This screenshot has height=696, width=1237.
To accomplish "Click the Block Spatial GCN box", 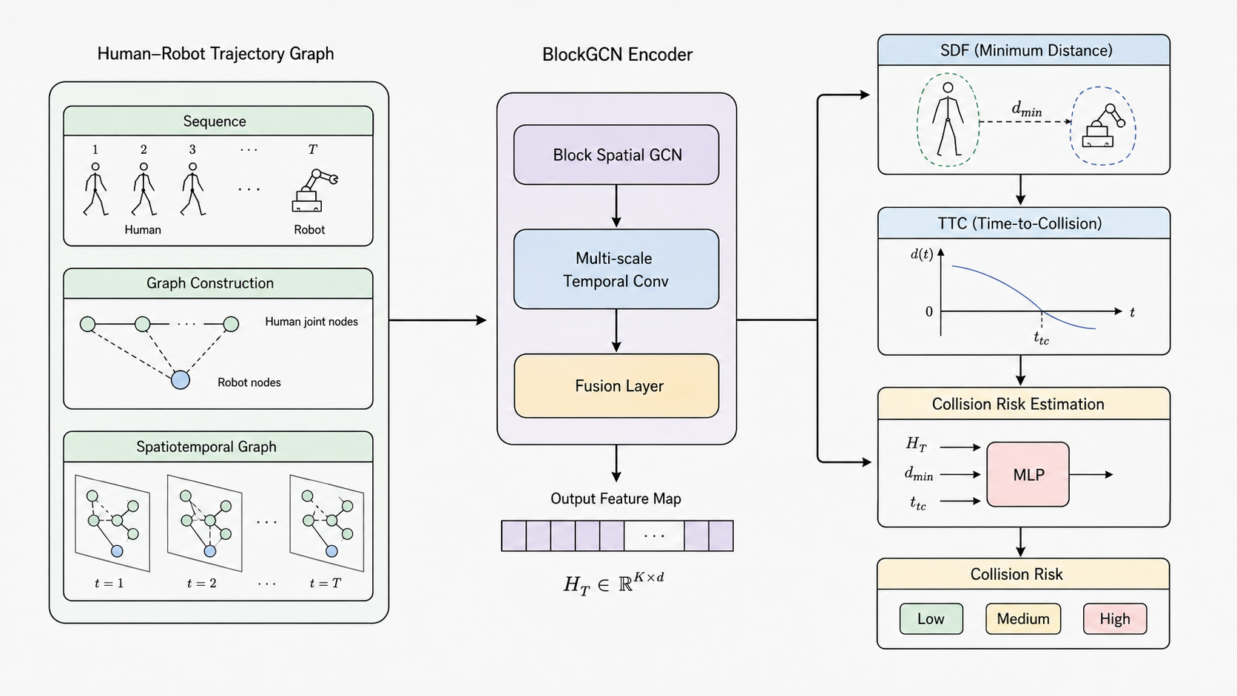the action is coord(616,155).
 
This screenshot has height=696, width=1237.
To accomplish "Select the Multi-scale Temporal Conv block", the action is coord(616,269).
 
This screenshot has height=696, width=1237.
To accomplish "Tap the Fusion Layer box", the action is coord(616,386).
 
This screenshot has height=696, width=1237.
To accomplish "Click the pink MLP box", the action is coord(1028,474).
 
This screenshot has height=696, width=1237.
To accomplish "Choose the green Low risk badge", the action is coord(931,619).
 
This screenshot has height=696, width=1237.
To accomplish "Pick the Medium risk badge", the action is coord(1023,619).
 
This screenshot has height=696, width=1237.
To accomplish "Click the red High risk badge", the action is coord(1115,619).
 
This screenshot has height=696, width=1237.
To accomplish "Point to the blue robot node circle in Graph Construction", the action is coord(181,379).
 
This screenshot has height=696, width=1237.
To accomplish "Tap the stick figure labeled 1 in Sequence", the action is coord(95,189).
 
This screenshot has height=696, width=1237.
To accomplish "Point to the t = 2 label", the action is coord(201,584).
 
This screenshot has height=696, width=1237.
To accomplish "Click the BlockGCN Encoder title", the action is coord(617,55).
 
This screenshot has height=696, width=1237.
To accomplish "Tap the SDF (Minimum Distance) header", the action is coord(1024,50).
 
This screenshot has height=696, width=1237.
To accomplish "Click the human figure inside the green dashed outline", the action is coord(948,119).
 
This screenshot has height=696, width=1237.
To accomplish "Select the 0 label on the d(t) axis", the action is coord(928,312).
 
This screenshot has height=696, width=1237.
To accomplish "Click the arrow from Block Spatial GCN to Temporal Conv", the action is coord(616,206).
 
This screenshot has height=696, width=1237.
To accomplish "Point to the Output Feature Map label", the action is coord(616,499).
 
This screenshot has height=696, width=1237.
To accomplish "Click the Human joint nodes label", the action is coord(311,322).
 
